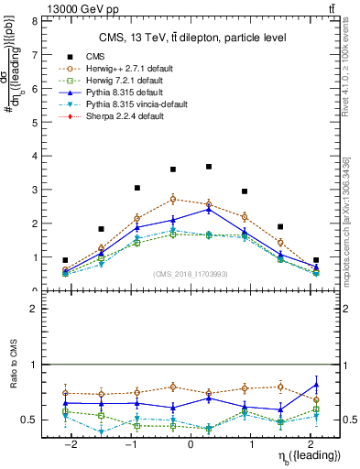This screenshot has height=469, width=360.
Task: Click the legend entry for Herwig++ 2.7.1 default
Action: tap(128, 68)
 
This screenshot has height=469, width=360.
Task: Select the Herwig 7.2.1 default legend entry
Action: tap(125, 81)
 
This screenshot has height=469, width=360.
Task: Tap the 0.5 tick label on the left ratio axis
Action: tap(29, 420)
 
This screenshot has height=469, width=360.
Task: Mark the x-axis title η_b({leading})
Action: tap(309, 455)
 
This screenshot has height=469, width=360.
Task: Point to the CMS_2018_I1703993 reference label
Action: tap(191, 274)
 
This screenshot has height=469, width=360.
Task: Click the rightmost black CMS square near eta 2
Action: tap(316, 260)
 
